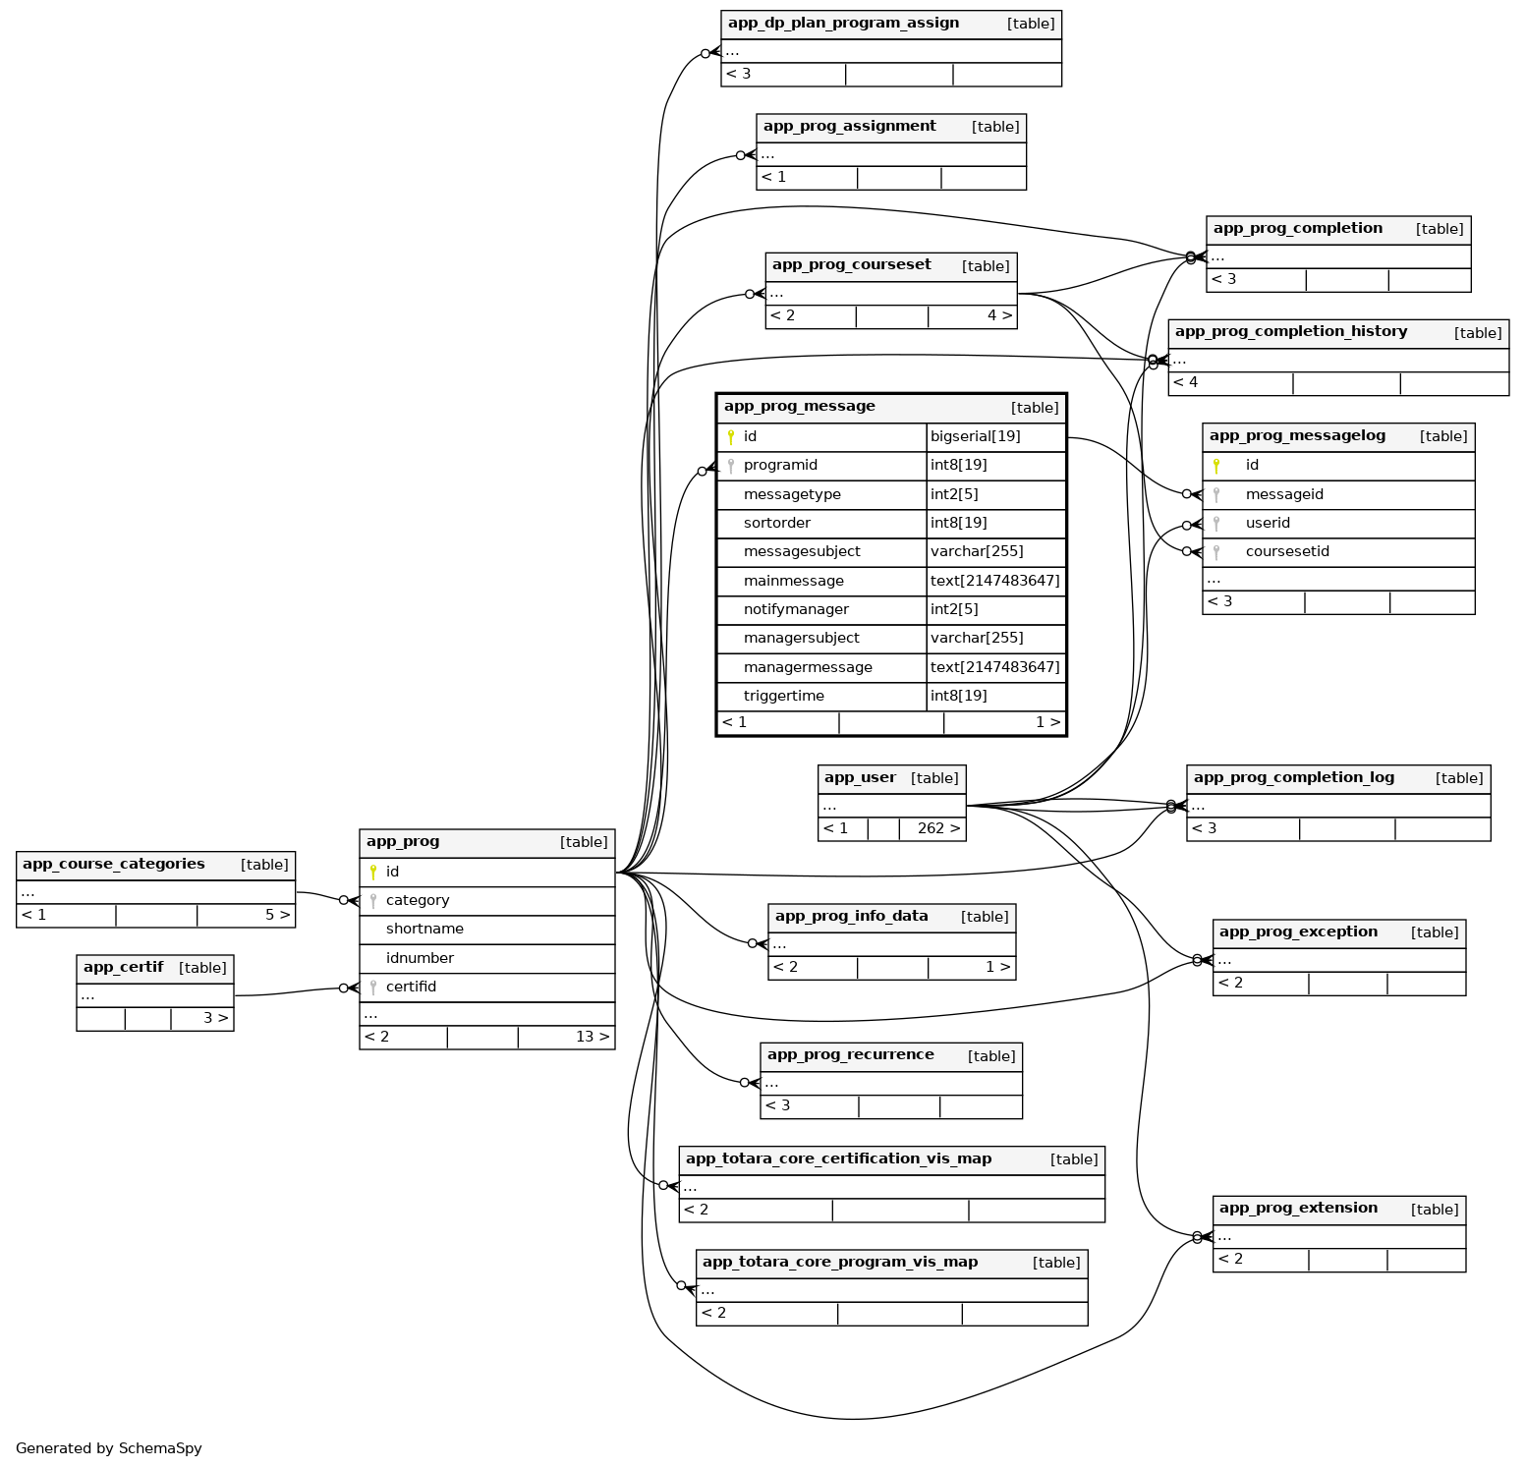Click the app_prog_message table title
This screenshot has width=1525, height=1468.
(799, 407)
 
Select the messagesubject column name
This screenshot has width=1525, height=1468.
(802, 552)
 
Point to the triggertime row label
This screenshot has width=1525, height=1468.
(784, 697)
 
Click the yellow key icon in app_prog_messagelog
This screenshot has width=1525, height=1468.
(1216, 466)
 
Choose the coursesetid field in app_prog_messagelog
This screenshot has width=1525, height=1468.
(1287, 552)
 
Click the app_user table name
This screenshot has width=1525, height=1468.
(860, 778)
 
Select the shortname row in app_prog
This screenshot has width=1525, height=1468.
(424, 930)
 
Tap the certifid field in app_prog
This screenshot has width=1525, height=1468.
(411, 988)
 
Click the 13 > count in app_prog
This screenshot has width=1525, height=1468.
(592, 1038)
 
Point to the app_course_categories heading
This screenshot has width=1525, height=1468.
(114, 865)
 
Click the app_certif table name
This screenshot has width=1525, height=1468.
(123, 968)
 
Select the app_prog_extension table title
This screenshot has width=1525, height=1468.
(1298, 1209)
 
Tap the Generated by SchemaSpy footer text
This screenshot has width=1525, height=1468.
(109, 1448)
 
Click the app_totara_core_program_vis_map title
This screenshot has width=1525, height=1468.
(840, 1263)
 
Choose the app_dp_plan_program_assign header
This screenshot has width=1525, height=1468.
(843, 24)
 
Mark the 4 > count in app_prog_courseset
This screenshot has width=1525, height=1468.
(998, 316)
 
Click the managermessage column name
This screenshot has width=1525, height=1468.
(808, 668)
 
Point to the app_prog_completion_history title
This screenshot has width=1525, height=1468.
(1290, 332)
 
